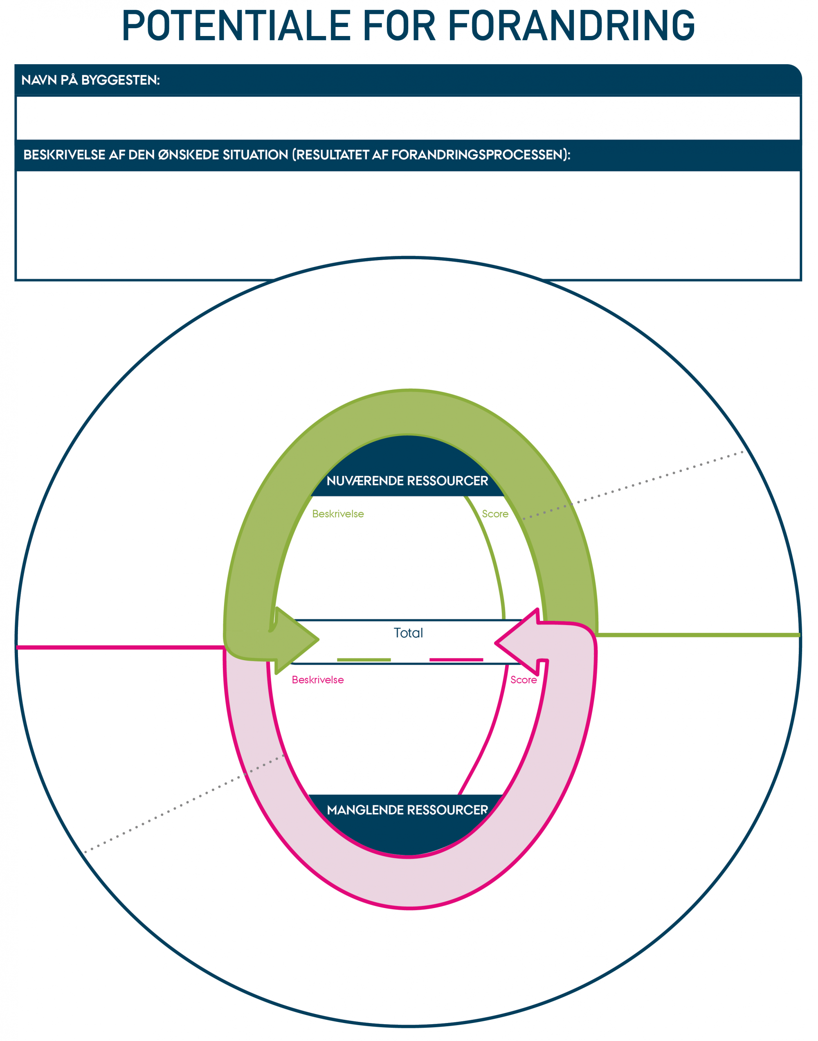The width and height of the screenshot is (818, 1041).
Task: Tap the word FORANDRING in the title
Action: coord(571,26)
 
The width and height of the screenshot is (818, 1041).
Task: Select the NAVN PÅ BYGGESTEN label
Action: coord(90,80)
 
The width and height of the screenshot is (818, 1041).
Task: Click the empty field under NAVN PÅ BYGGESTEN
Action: coord(408,118)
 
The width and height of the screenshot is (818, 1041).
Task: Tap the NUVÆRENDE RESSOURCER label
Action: coord(407,481)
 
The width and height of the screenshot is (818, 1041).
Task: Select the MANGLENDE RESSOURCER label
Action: coord(407,810)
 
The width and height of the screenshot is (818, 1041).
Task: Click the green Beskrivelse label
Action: coord(338,514)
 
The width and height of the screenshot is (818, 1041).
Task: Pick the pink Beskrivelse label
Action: coord(317,680)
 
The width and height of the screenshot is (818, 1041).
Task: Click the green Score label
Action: coord(495,514)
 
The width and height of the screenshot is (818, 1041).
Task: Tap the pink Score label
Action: coord(523,680)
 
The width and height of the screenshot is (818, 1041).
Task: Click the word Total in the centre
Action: coord(408,633)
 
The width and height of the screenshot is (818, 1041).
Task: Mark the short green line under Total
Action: coord(364,660)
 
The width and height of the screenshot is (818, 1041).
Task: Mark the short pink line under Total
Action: coord(456,660)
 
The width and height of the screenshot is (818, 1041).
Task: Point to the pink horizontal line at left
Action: coord(120,648)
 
